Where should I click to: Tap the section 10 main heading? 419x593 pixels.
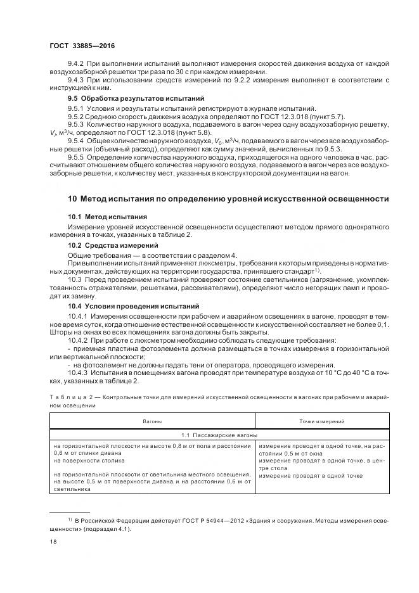[228, 198]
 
